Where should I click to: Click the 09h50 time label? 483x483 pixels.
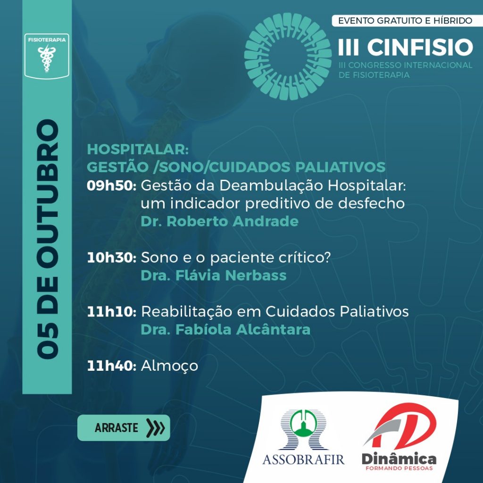[111, 186]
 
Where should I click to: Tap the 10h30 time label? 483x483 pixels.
[111, 258]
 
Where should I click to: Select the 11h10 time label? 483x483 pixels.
[111, 312]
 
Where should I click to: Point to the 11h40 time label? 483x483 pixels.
[111, 366]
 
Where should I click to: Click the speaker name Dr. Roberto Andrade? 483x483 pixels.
[220, 221]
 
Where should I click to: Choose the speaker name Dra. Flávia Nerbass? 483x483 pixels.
[214, 275]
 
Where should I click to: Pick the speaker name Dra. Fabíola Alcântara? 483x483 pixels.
[225, 329]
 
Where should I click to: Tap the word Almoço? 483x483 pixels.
[169, 366]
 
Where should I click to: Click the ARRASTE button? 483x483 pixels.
[124, 428]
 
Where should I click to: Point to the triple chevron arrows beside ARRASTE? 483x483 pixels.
[156, 428]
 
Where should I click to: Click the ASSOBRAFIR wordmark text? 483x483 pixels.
[303, 459]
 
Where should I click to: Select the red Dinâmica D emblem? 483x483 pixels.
[400, 426]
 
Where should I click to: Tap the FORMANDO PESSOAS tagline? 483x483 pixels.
[399, 468]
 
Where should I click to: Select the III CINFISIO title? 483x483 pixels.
[405, 47]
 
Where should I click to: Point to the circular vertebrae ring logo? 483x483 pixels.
[288, 56]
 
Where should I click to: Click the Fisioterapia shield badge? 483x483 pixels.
[47, 56]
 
